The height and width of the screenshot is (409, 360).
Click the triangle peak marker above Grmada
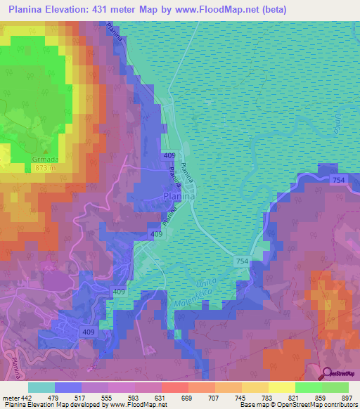coord(46,150)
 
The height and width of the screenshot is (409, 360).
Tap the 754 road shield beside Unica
coord(242,261)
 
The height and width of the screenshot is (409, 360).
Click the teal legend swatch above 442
coord(41,387)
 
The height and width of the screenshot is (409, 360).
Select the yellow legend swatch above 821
coord(281,387)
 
